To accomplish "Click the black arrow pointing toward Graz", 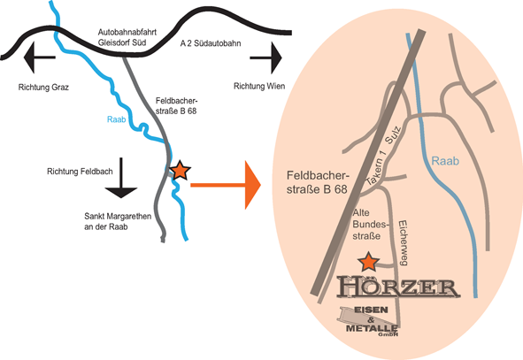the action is point(39,57).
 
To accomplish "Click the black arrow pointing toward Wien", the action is point(266,57).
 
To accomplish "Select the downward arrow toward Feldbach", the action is point(121,178).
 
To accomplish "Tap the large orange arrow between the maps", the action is point(226,185).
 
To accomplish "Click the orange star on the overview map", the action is point(181,171).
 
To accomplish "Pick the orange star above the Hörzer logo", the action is point(368,262).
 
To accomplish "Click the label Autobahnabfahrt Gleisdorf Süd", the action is point(127,37).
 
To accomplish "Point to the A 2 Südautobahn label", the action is point(211,43).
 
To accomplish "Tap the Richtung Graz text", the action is point(43,88).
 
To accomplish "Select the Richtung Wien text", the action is point(259,87).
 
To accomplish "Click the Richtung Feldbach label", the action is point(80,172).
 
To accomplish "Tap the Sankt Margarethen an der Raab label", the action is point(118,221).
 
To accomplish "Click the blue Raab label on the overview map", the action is point(117,119).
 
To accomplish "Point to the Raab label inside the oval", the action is point(445,161).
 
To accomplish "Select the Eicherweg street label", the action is point(404,242).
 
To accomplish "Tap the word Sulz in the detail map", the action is point(393,135).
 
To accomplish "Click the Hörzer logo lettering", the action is point(398,287).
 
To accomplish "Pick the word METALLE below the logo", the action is point(372,328).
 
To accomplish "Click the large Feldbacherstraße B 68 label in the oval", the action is point(318,182).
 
